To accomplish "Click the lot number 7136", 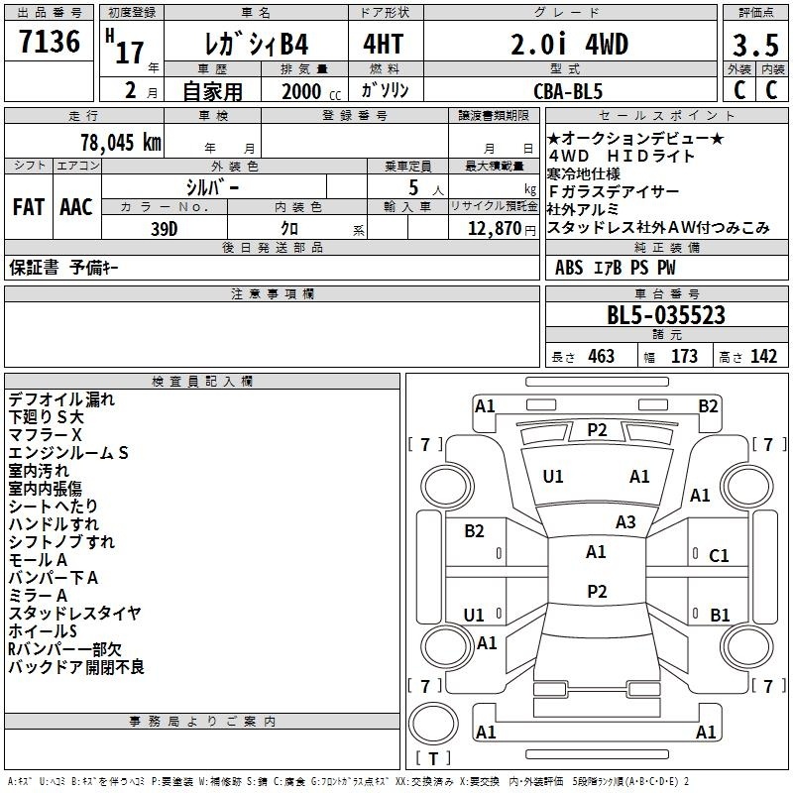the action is (50, 42).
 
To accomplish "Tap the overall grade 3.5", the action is (755, 45).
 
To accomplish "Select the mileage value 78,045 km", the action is (121, 142).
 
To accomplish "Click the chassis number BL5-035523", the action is (666, 315).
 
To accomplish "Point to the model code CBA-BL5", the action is (568, 91).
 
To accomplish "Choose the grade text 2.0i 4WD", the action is (569, 44).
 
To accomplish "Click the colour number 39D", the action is (165, 229).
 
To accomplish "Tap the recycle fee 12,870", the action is (495, 229).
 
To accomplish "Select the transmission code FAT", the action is (29, 207).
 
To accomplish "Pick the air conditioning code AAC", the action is (76, 207).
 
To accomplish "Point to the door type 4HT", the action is (384, 44).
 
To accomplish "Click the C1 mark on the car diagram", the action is (719, 556).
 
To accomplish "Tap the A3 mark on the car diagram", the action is (625, 522).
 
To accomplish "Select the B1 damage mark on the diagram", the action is (720, 615).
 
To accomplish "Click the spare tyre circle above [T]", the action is (433, 724).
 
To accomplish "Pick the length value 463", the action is (602, 356).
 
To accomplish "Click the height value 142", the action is (763, 356).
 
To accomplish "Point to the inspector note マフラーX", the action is (45, 435).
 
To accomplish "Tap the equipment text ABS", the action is (569, 268).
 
